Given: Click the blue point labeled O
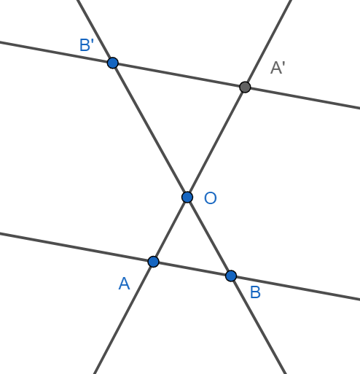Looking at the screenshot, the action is pos(187,197).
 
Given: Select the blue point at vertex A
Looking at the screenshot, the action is pos(153,262).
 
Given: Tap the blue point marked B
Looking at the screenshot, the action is pos(231,276).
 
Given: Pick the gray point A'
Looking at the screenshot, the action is pos(245,87).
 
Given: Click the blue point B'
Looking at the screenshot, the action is pos(113,63).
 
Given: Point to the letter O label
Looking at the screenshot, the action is pos(211,198).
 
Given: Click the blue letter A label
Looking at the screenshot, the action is pos(124,284).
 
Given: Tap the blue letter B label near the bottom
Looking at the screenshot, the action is pos(255,292).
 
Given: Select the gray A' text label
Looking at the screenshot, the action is pos(278,68).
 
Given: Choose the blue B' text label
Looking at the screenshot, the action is pos(87,45).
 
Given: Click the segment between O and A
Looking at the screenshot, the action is pos(171,230).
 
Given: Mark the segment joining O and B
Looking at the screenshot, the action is pos(209,237).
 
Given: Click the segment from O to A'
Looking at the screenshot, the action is pos(216,142).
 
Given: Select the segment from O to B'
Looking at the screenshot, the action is pos(150,130).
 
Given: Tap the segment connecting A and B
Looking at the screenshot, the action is pos(192,269).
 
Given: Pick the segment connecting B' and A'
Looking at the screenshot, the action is pos(179,75).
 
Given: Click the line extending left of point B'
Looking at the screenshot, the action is pos(56,52).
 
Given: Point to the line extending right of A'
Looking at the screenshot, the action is pos(302,98).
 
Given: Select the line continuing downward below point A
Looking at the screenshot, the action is pos(124,318).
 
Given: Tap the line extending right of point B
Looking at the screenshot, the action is pos(295,288).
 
